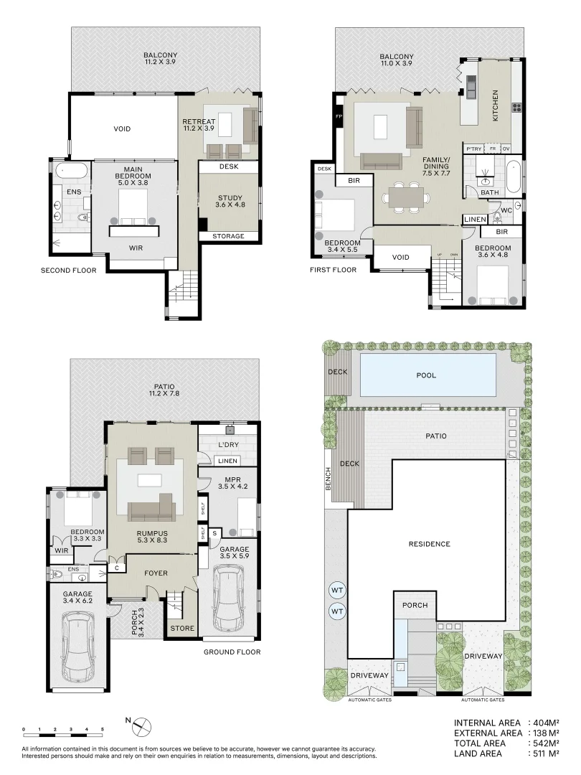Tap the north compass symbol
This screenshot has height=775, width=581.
[x=141, y=726]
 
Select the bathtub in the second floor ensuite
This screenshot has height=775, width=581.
[x=70, y=171]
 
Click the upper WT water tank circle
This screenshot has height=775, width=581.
[x=337, y=590]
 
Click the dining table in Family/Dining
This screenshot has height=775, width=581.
[x=407, y=196]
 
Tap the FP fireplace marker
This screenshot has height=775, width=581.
[x=339, y=116]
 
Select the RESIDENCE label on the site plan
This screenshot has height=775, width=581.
[x=430, y=544]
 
